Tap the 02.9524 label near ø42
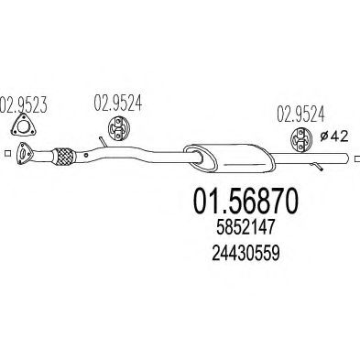tap(298, 115)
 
